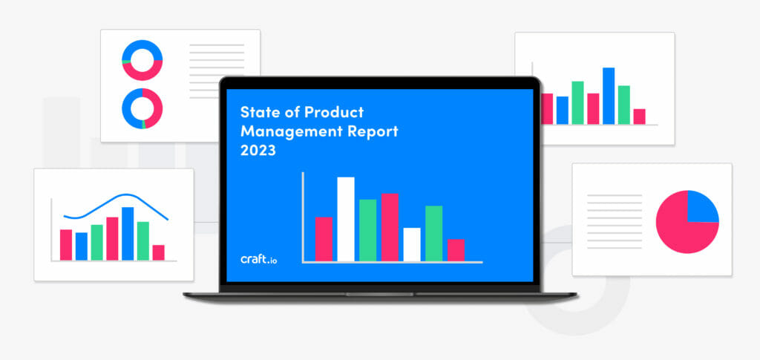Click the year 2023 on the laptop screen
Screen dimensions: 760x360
click(x=258, y=151)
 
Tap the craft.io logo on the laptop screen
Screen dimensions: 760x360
click(x=259, y=259)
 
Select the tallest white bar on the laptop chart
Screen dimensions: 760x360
click(x=346, y=219)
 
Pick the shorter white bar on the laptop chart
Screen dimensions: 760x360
click(x=412, y=245)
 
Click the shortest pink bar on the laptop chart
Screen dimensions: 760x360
click(x=456, y=250)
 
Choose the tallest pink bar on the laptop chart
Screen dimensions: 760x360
click(x=390, y=228)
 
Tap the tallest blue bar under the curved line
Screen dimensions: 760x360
click(x=128, y=234)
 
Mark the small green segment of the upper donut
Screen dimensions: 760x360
click(x=125, y=62)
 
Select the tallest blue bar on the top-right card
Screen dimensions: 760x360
click(x=609, y=96)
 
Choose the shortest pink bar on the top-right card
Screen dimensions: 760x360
click(x=639, y=117)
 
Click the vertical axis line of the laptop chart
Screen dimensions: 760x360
click(x=303, y=217)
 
